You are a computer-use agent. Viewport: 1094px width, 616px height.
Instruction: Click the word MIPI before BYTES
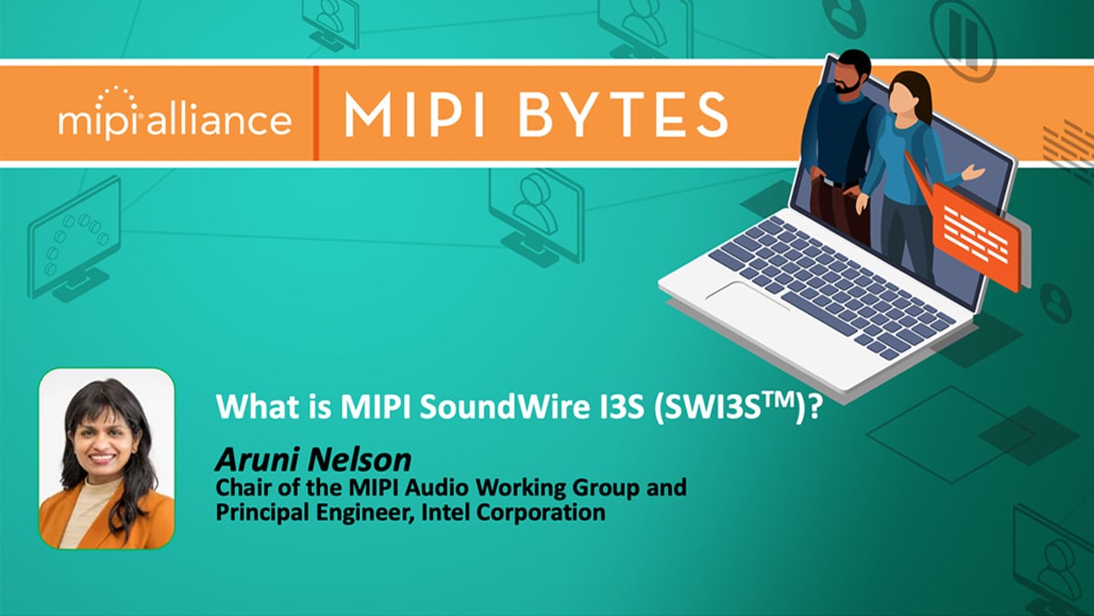pyautogui.click(x=415, y=115)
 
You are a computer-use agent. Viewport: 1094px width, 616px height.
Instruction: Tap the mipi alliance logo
pyautogui.click(x=175, y=113)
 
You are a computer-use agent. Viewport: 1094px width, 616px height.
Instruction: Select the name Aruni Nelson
pyautogui.click(x=313, y=460)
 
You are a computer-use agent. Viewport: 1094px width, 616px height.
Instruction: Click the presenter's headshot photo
pyautogui.click(x=107, y=458)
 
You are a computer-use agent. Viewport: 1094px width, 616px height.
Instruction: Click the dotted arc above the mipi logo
pyautogui.click(x=116, y=95)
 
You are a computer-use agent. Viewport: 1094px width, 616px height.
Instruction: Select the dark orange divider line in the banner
pyautogui.click(x=316, y=113)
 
